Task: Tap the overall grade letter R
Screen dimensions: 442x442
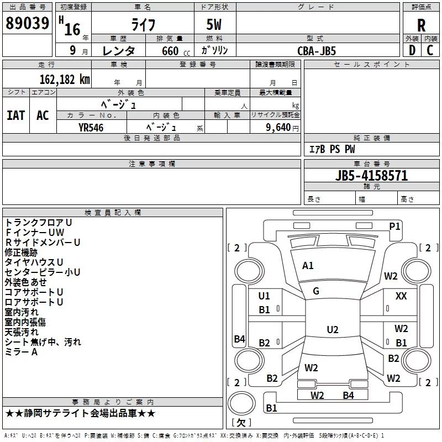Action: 421,25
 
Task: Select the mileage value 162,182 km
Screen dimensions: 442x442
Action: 65,80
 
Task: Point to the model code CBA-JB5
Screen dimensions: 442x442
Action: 317,50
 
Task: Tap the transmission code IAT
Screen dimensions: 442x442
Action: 15,115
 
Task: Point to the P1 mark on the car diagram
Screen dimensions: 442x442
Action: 394,226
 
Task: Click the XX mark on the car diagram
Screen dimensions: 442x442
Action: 401,296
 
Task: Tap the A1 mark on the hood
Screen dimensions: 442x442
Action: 308,266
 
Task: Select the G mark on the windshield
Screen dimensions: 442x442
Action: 316,291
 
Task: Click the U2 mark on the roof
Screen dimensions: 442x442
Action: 332,330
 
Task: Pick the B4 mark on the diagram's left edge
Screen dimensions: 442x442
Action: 239,339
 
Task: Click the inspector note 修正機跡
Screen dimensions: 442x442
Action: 21,252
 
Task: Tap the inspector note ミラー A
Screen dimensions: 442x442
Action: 21,352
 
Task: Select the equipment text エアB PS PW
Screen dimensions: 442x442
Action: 331,149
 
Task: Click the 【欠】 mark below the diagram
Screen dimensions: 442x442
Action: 240,423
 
